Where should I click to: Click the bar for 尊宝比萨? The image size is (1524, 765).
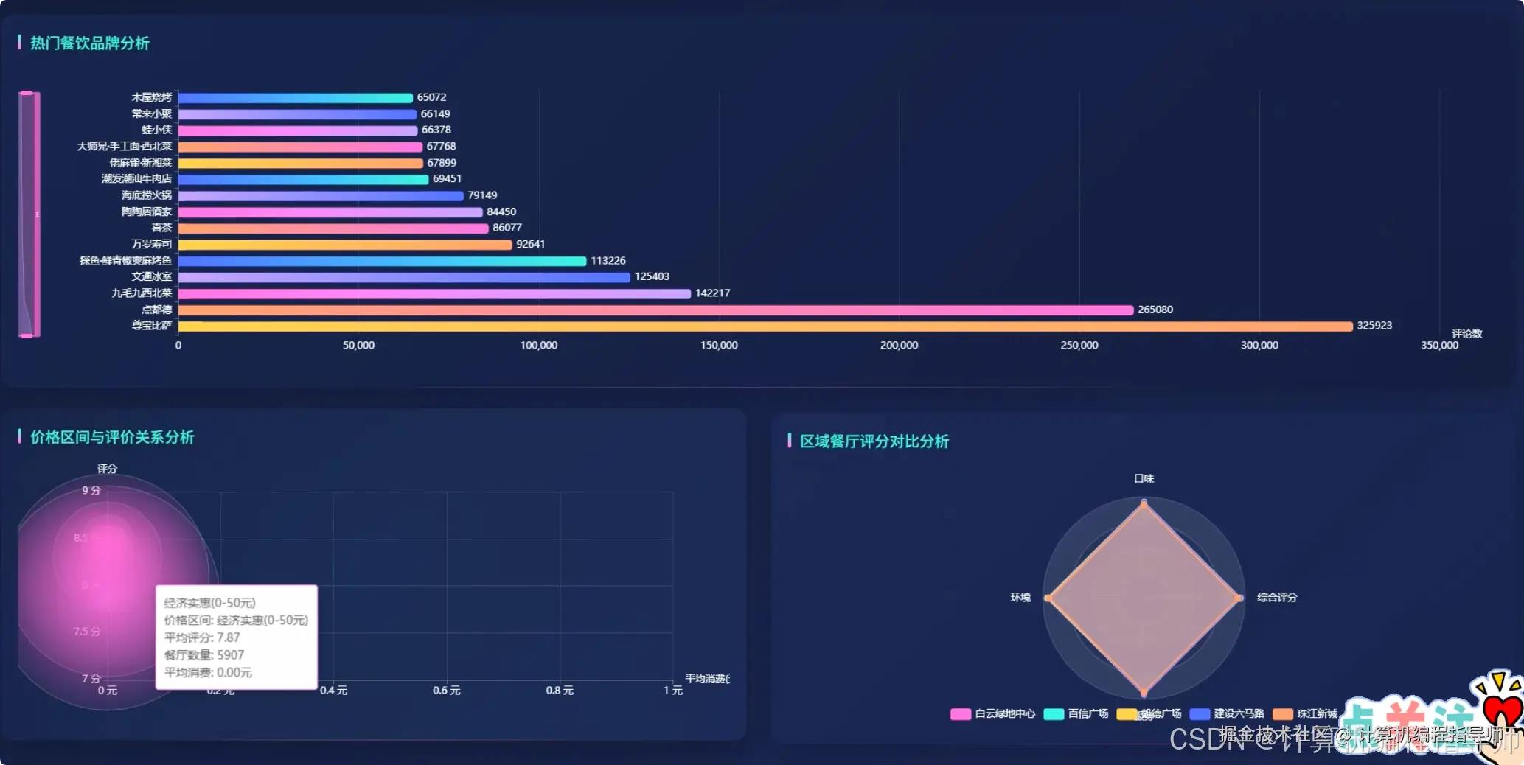765,326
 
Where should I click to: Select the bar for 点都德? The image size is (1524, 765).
655,310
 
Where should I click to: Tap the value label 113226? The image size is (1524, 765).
608,261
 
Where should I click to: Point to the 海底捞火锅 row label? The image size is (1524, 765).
147,195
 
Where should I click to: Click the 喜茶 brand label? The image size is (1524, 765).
161,228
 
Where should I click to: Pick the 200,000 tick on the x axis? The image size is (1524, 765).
899,346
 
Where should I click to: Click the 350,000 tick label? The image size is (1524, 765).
1439,346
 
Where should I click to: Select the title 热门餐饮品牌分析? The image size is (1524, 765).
89,43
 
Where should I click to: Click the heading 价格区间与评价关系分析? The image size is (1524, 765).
112,438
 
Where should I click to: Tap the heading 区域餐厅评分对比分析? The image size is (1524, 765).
874,441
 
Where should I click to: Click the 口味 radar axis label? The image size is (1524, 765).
1144,479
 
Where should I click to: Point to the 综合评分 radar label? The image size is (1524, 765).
1276,598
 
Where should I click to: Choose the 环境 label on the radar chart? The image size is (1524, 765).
1020,598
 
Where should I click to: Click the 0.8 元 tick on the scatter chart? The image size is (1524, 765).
560,691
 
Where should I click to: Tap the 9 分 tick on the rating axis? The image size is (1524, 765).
91,491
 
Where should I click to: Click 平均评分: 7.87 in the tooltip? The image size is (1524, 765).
202,637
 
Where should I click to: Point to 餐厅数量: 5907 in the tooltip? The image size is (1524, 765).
204,655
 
